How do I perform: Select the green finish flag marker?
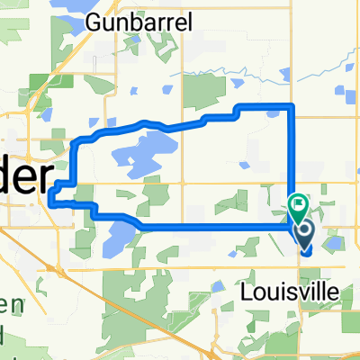(298, 207)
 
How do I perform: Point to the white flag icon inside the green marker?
(298, 204)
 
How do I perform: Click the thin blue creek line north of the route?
(270, 68)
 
